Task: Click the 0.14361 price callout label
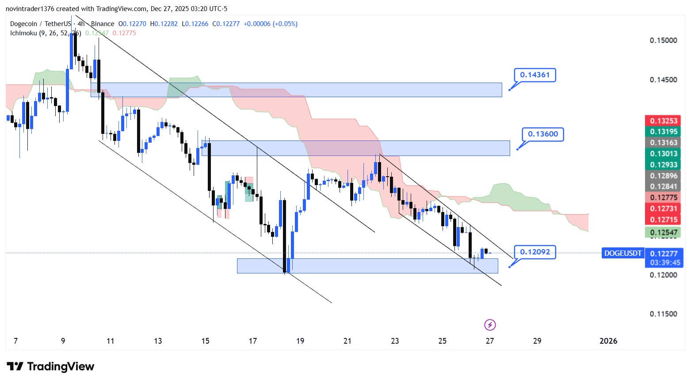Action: point(534,75)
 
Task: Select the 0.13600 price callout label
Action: point(543,134)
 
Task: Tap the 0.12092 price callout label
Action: point(535,252)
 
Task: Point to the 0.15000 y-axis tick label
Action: point(663,41)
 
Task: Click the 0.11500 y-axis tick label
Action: point(663,314)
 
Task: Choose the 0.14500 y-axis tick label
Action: point(663,80)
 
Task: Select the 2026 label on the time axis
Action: point(608,341)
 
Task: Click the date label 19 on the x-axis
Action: point(300,341)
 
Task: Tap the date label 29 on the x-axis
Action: point(537,341)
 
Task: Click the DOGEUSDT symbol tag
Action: point(622,254)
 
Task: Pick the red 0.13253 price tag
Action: point(663,121)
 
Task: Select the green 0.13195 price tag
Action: point(663,132)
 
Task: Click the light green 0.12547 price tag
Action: point(663,233)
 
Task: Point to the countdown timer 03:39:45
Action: point(665,263)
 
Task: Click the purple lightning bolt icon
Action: point(490,326)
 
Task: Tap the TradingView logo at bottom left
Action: point(50,367)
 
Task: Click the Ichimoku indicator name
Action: point(23,33)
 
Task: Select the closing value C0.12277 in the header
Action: point(226,24)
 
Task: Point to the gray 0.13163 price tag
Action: point(663,143)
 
